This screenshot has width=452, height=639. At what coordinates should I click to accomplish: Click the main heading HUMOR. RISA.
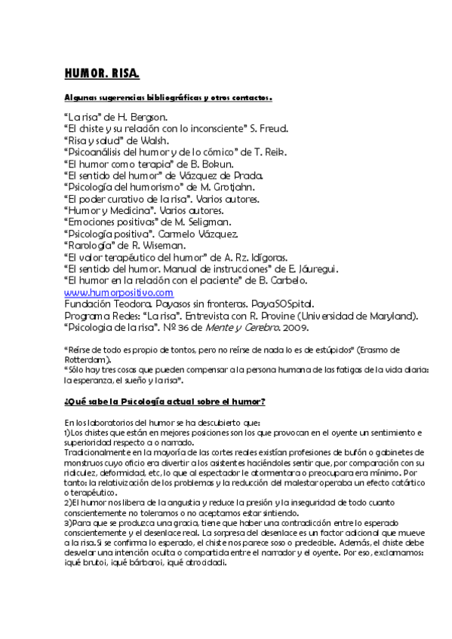pos(102,73)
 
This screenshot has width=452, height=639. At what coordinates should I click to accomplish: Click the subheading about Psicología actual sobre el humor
pos(165,399)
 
